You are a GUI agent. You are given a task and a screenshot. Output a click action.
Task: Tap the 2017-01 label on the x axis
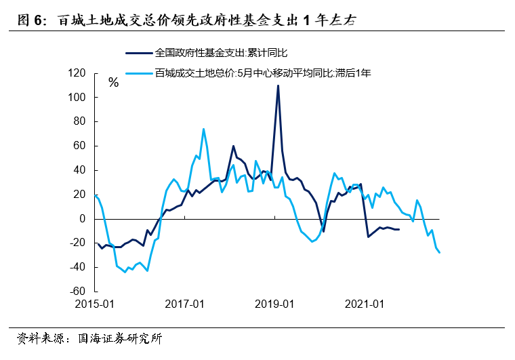coord(184,304)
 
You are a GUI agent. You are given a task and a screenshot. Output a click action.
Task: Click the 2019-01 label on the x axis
coord(274,304)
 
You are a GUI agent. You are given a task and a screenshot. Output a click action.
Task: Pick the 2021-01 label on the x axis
coord(365,304)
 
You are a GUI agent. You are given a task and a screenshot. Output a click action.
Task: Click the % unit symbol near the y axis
coord(114,83)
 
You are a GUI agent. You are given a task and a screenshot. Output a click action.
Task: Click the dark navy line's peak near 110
coord(278,85)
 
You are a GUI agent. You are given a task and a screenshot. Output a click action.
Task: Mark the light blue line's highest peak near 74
coord(203,129)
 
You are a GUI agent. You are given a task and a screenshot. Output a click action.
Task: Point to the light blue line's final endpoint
coord(440,253)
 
